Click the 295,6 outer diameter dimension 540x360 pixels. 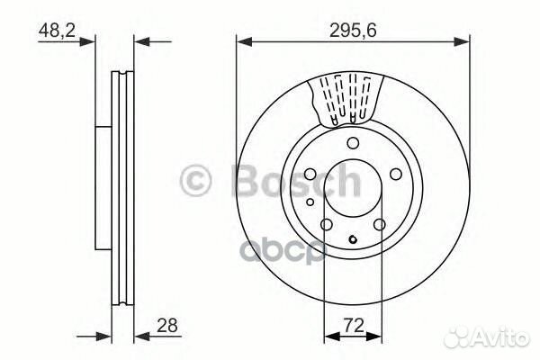click(352, 28)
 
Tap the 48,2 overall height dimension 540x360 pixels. click(55, 29)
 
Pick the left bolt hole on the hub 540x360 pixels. click(309, 175)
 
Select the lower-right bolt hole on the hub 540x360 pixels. click(380, 225)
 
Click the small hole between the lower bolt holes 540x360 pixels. click(353, 238)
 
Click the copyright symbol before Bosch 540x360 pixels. click(197, 180)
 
